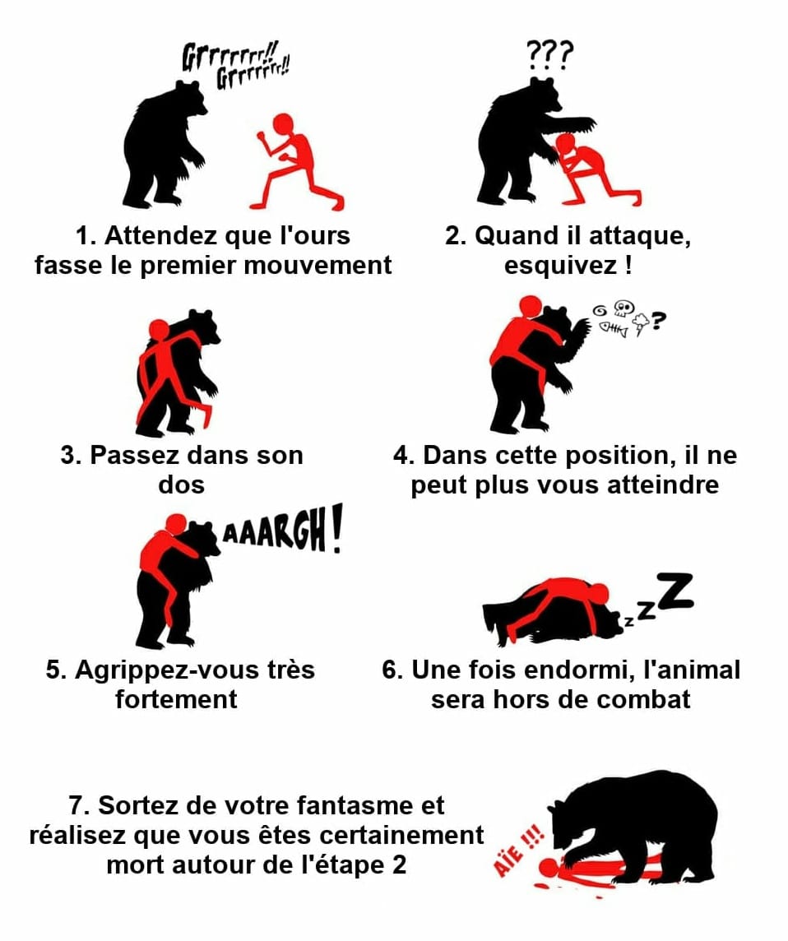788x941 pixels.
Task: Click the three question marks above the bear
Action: click(549, 56)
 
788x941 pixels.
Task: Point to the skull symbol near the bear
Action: click(624, 308)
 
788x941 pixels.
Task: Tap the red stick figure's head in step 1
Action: click(283, 124)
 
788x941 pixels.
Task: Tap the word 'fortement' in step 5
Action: click(177, 699)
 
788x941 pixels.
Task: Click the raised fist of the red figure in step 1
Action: click(262, 137)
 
